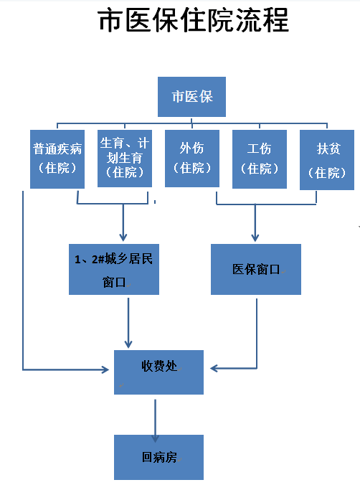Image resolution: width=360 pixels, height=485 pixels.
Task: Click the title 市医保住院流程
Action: coord(194,20)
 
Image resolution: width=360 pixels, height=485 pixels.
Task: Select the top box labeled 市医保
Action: coord(191,97)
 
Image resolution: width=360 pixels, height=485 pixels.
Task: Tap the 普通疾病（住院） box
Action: coord(57,159)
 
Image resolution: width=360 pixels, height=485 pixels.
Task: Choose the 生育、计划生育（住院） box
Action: coord(125,159)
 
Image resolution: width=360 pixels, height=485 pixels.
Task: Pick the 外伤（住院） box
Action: coord(192,159)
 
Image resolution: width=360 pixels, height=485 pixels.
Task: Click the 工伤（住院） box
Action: coord(260,159)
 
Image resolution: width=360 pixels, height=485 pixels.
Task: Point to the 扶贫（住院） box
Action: coord(327,160)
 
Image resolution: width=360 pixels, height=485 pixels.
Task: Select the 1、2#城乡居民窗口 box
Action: coord(114,269)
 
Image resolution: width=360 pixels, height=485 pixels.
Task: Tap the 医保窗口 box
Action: coord(256,269)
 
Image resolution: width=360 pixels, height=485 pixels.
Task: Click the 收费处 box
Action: coord(158,372)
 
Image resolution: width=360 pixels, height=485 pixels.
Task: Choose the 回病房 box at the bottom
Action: coord(158,457)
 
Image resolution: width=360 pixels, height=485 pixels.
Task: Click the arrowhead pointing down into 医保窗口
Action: coord(255,237)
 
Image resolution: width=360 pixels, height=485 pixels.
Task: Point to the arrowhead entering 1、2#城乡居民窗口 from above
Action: coord(123,237)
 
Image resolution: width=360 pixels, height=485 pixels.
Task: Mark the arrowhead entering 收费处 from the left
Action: coord(105,369)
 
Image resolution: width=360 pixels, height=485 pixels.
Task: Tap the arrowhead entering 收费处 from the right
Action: coord(214,368)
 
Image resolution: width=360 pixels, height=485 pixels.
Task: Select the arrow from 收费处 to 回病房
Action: coord(155,420)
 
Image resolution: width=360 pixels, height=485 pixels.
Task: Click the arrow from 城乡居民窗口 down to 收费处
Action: coord(128,323)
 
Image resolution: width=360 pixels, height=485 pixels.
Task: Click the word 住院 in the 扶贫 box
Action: coord(327,173)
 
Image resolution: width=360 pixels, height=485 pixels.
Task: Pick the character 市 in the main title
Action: coord(110,20)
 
